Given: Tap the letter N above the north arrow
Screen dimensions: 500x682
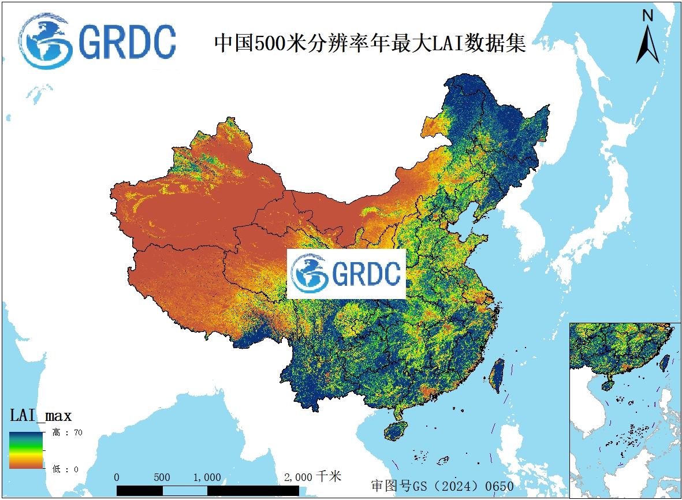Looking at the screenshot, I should [648, 16].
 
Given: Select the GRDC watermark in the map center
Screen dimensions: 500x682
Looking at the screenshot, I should [346, 274].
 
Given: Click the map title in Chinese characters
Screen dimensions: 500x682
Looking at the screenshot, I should [370, 43].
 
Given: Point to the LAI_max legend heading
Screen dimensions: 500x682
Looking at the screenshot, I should [40, 415].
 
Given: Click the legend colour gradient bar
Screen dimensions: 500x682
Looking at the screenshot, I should [26, 450].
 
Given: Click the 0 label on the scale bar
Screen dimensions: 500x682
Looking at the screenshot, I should [117, 477].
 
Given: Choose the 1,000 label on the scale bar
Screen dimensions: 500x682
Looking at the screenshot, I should [207, 477].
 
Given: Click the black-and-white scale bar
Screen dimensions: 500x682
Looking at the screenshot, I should [208, 490].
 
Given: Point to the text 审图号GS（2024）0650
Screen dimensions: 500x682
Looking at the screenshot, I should [442, 486].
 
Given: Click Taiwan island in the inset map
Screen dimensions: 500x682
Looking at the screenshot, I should [664, 362].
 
